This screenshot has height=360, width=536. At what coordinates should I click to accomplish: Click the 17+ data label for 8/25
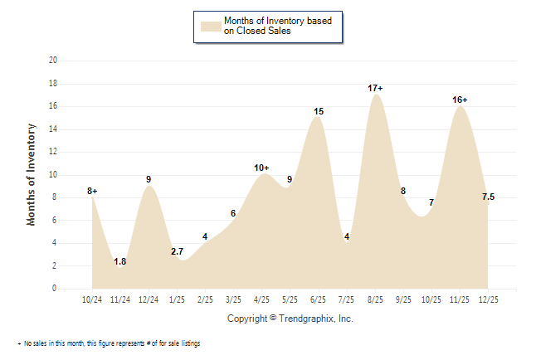pos(375,88)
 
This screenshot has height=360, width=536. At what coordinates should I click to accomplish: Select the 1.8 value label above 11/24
pos(120,261)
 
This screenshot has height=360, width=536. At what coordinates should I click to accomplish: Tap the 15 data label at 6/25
pos(319,111)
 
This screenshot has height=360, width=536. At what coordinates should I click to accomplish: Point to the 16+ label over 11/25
pos(460,100)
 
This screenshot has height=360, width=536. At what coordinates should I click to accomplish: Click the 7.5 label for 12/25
pos(488,197)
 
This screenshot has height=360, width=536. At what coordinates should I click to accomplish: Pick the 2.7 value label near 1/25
pos(177,251)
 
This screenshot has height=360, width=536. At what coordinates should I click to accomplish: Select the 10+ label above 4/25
pos(262,168)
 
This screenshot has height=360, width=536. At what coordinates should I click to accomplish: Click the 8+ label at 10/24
pos(92,191)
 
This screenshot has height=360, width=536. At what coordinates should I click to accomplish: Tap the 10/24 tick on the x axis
pos(92,299)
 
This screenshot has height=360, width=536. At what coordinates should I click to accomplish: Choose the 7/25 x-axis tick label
pos(347,299)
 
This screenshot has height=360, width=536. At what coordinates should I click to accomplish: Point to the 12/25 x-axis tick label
pos(488,299)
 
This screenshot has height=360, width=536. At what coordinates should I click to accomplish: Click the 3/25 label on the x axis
pos(234,299)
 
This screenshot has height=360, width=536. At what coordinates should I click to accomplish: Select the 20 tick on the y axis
pos(53,61)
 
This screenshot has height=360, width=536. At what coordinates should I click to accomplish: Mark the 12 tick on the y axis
pos(53,152)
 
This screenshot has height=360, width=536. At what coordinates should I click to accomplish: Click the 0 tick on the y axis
pos(55,289)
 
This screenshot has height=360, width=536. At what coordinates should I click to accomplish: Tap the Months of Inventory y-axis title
pos(32,174)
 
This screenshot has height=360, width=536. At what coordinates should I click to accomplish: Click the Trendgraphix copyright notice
pos(290,319)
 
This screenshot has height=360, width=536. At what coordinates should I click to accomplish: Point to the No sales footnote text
pos(112,343)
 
